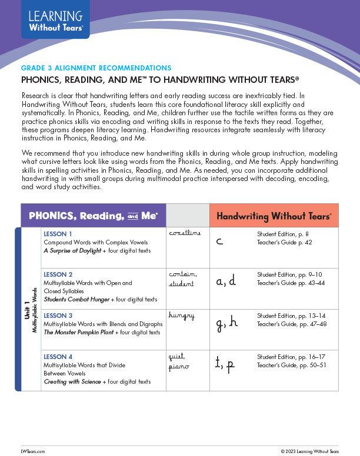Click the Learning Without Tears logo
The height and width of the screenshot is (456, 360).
coord(55,20)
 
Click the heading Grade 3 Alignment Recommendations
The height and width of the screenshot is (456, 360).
coord(96,68)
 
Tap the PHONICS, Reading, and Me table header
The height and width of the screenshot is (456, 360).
coord(93,216)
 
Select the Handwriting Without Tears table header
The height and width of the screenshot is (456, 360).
coord(274,216)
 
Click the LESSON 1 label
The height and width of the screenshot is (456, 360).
coord(58,234)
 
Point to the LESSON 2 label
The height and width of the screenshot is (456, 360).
coord(58,274)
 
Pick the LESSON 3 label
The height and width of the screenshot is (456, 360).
coord(58,316)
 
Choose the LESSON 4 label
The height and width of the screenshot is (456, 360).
coord(58,357)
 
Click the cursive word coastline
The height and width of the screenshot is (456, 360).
coord(185,233)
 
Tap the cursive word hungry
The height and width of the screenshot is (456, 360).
coord(181,316)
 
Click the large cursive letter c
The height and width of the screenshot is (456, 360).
coord(219,241)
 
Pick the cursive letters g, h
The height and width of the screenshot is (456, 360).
coord(226,323)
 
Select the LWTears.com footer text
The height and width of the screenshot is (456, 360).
coord(32,451)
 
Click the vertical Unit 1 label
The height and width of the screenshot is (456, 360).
coord(27,310)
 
